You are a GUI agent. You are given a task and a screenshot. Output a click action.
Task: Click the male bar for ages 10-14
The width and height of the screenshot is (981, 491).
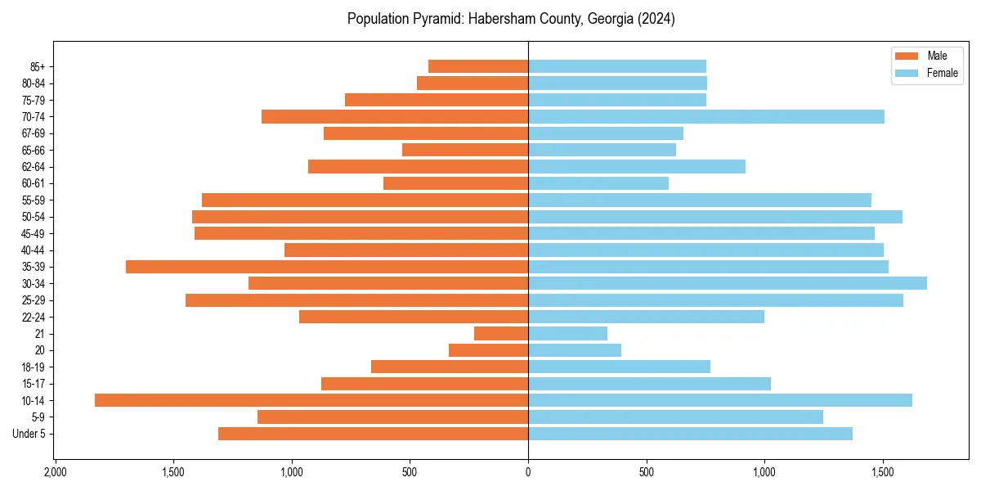click(x=311, y=400)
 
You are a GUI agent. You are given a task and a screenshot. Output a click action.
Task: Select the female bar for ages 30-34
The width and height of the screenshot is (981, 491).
click(x=728, y=283)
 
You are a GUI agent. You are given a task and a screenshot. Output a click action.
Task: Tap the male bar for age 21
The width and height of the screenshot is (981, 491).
click(x=501, y=334)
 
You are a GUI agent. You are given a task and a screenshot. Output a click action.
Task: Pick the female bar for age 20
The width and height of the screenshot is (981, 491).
click(x=575, y=350)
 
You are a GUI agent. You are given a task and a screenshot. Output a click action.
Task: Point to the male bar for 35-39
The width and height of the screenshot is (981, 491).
click(x=327, y=267)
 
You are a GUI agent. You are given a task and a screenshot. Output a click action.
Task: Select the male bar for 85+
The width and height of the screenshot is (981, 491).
click(x=478, y=66)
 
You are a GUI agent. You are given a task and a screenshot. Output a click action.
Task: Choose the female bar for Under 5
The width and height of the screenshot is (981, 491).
click(x=690, y=434)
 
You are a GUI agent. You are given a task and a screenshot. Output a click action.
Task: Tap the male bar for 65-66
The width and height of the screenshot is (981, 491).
click(x=465, y=150)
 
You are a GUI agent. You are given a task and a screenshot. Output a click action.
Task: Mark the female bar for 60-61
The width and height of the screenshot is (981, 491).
click(x=598, y=183)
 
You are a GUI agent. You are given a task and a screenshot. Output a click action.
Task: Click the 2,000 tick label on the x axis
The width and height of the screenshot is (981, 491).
click(x=55, y=473)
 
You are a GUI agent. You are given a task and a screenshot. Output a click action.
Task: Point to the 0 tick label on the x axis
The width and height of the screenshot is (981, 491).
click(x=528, y=473)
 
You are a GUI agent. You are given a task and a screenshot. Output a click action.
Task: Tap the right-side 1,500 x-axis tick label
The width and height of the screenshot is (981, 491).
click(x=883, y=473)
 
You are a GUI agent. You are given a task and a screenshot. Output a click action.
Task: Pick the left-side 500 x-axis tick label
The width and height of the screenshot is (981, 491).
click(x=410, y=473)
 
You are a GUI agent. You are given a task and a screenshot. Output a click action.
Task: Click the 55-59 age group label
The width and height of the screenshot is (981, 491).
click(x=34, y=200)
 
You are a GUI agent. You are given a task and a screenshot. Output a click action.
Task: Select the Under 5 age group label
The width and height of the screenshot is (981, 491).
click(x=29, y=434)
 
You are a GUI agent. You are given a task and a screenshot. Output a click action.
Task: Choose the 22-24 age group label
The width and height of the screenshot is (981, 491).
click(x=34, y=318)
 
